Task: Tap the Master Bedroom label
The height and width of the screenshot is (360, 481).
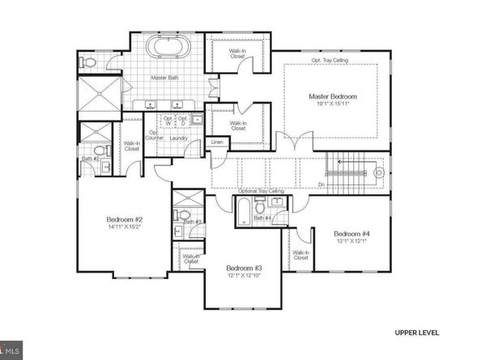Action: pyautogui.click(x=332, y=97)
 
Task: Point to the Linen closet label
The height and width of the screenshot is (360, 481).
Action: pyautogui.click(x=216, y=142)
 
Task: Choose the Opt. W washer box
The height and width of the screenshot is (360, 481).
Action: pyautogui.click(x=168, y=121)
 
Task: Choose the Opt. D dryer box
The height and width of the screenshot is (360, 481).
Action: pyautogui.click(x=183, y=121)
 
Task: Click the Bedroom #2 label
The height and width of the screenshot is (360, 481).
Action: pyautogui.click(x=125, y=219)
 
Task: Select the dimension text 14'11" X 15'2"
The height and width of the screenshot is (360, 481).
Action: pyautogui.click(x=125, y=228)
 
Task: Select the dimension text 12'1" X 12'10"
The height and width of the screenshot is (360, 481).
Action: pyautogui.click(x=244, y=277)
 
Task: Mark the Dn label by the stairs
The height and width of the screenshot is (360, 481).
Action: pyautogui.click(x=322, y=184)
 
